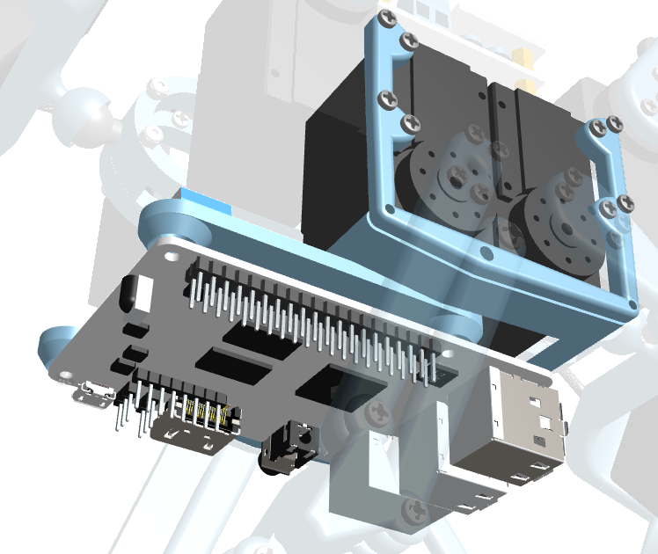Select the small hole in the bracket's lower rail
486,255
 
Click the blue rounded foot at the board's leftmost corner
55,345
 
